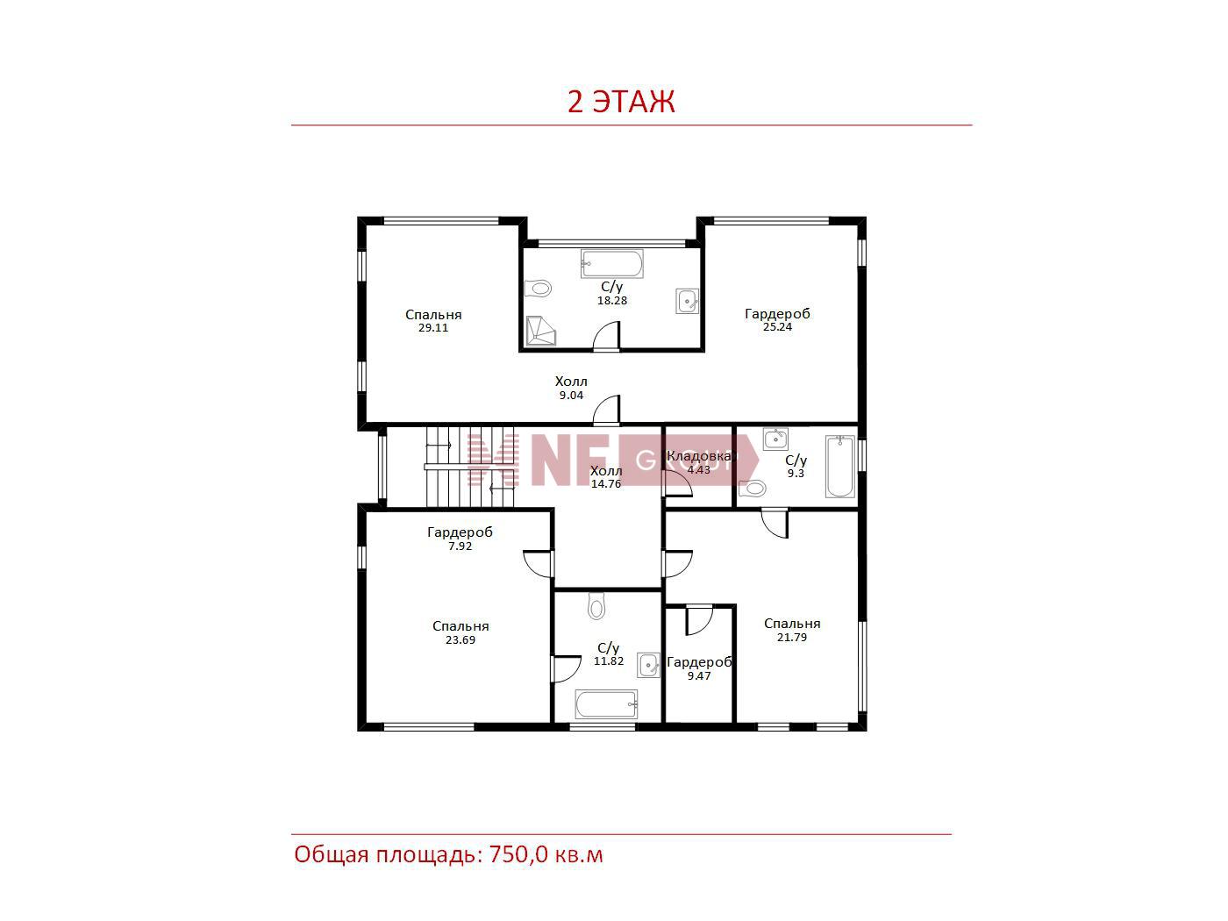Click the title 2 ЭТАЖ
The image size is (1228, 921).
tap(621, 102)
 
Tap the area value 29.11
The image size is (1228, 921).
tap(433, 328)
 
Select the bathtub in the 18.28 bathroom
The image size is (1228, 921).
tap(611, 264)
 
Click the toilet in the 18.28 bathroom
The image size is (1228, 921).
tap(538, 289)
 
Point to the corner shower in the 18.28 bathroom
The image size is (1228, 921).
tap(540, 331)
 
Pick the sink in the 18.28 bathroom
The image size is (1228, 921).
tap(687, 302)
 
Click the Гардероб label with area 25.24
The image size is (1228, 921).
tap(777, 314)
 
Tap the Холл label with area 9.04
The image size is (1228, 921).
tap(571, 382)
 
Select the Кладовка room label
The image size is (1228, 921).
tap(699, 456)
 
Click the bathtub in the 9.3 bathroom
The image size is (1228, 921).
tap(839, 467)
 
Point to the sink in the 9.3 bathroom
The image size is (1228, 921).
tap(775, 439)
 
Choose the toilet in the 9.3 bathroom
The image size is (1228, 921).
tap(752, 489)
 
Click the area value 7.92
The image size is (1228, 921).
tap(460, 546)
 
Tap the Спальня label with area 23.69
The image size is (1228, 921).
tap(460, 626)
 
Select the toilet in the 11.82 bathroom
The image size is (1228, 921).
tap(596, 605)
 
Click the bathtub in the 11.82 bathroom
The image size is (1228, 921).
tap(606, 704)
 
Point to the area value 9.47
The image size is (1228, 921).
tap(699, 676)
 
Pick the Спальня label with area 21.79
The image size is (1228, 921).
tap(792, 624)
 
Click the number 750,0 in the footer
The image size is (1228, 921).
tap(518, 855)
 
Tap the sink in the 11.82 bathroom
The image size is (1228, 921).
tap(649, 665)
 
